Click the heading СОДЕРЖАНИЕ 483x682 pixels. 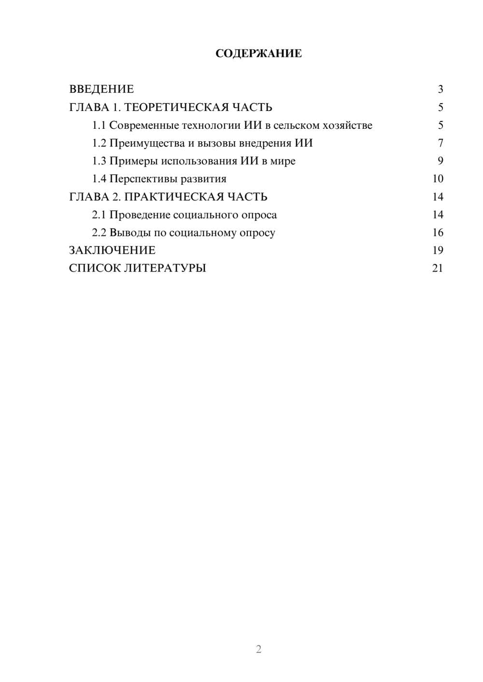[258, 54]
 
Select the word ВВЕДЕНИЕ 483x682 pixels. [101, 89]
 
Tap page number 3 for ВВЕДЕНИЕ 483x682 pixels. [440, 89]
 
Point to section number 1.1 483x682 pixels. [99, 125]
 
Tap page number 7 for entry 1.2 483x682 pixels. [440, 143]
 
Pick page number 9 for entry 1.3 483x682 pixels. [440, 161]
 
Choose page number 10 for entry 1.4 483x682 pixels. [438, 179]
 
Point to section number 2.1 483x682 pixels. [99, 215]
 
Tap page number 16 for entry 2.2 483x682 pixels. [438, 232]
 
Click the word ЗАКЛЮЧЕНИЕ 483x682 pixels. [112, 250]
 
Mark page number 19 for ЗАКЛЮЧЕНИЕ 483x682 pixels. [438, 250]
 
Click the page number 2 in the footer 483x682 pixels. [258, 649]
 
